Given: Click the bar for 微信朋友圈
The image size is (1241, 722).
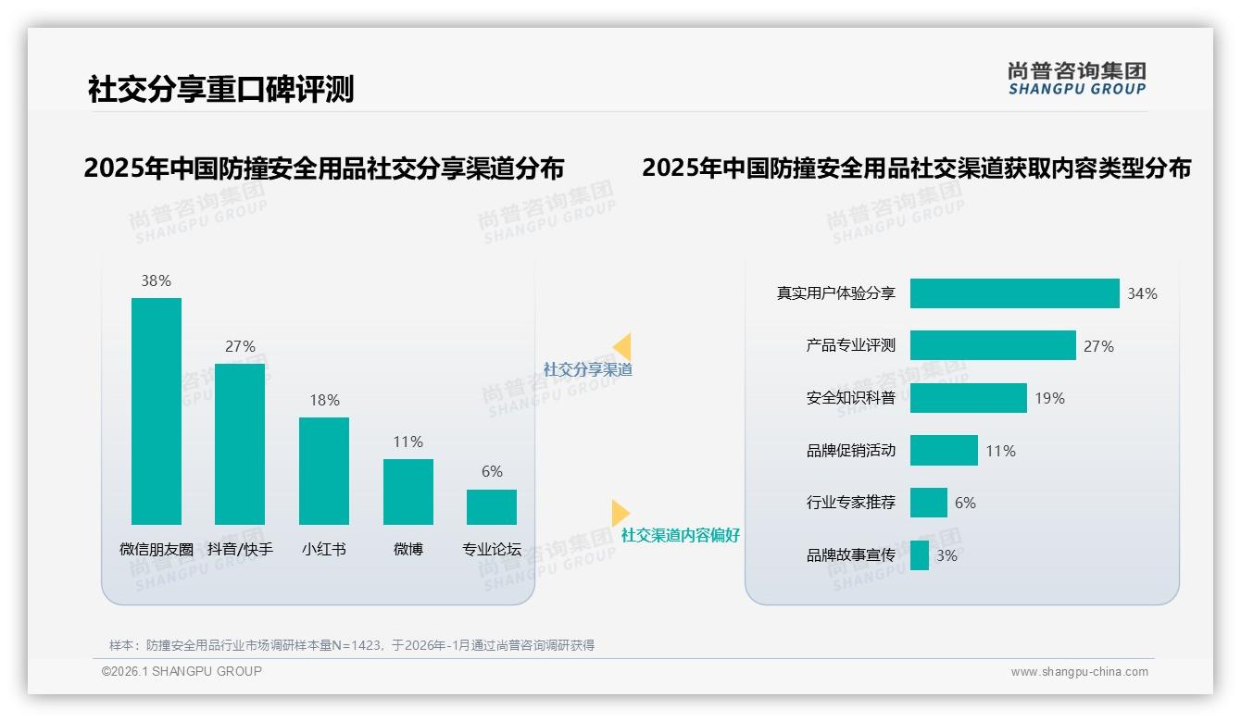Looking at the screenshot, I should [157, 411].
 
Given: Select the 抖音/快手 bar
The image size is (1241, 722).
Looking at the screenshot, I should [240, 443].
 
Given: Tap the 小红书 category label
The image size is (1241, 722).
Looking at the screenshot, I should [324, 549].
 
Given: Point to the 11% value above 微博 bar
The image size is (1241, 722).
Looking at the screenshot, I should [407, 442].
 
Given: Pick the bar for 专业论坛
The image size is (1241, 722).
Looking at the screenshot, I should [492, 507].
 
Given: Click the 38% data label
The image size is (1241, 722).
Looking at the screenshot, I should [156, 280].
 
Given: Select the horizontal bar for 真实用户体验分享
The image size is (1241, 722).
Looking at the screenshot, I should [1014, 293].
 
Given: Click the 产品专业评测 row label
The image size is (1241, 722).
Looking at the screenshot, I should [850, 345].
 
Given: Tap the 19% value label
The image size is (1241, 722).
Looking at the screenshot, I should [1049, 398].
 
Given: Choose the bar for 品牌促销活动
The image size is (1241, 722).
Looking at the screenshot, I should [944, 451].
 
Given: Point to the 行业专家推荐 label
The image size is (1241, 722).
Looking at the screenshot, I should [850, 503].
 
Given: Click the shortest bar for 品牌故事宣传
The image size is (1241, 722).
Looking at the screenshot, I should [920, 555].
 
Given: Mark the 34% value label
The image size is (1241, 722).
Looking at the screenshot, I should [1142, 293].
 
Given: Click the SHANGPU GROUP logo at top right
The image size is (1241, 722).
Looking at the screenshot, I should [1076, 79].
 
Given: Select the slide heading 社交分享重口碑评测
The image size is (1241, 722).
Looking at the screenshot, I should [220, 90].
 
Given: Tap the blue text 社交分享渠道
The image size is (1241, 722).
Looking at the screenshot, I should [587, 369].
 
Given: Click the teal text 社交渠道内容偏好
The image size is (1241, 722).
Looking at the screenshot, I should [680, 535].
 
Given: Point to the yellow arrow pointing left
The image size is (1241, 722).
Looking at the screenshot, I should [621, 346].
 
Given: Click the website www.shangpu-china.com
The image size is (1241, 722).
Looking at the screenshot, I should [1079, 672].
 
